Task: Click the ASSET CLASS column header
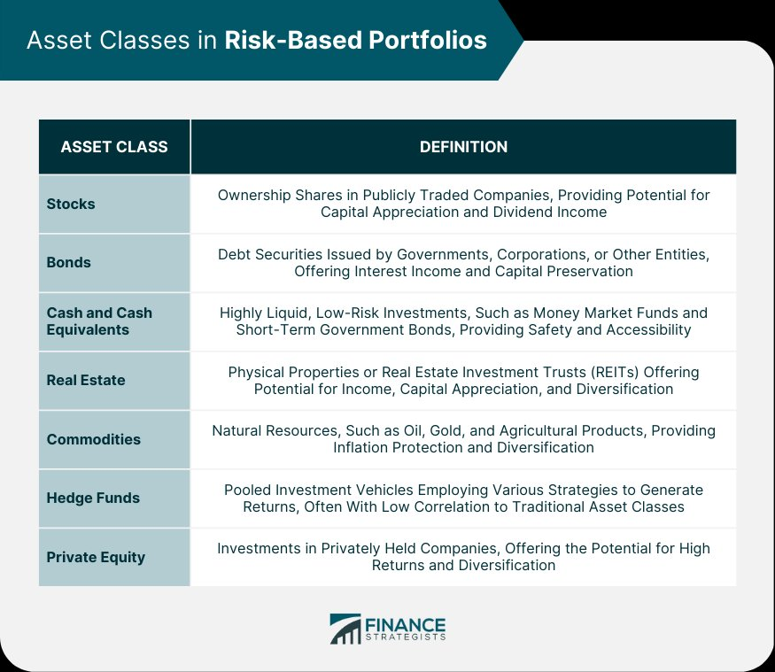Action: tap(114, 147)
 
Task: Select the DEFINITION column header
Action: tap(463, 147)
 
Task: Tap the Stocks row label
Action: tap(71, 204)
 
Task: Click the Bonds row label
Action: tap(69, 262)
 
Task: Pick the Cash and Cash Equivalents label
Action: tap(99, 321)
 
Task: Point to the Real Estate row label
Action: tap(86, 380)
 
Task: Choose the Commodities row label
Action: tap(93, 439)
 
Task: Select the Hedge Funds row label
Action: tap(93, 498)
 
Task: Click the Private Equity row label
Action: tap(96, 558)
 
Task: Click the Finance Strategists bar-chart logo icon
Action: tap(345, 629)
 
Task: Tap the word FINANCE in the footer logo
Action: tap(406, 624)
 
